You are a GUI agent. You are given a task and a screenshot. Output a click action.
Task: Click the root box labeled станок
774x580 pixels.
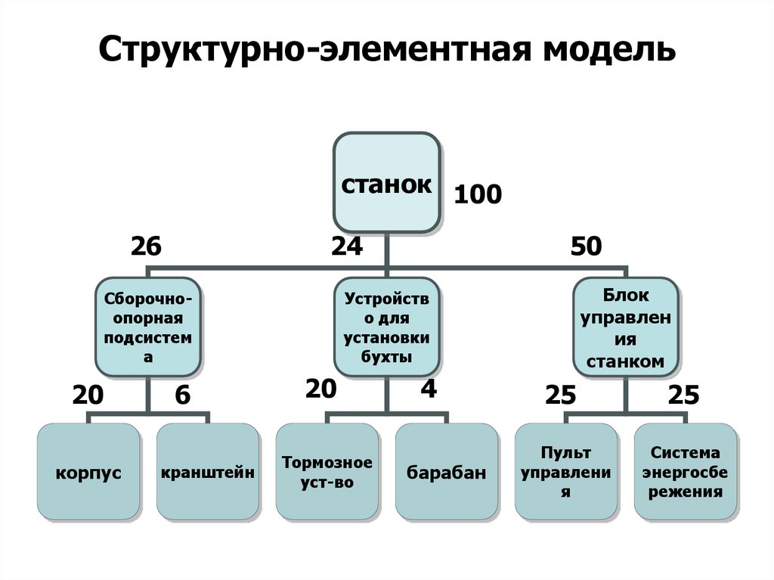(386, 183)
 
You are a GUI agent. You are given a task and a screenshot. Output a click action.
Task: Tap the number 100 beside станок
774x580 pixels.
(477, 195)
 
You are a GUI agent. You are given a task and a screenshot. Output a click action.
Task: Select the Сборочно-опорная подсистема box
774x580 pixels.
(149, 327)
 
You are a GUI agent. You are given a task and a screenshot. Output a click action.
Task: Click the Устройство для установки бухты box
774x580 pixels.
(386, 327)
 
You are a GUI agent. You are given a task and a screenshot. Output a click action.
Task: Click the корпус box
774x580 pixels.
(88, 473)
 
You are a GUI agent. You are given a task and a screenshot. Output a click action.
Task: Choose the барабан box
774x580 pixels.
(446, 473)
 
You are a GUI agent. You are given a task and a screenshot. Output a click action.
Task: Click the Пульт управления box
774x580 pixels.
(565, 472)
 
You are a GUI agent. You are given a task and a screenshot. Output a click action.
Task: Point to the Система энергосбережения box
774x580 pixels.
(685, 472)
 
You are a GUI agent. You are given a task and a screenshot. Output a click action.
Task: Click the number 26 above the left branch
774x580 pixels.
(146, 247)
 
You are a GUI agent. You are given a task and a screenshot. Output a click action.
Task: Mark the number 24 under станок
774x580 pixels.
(347, 247)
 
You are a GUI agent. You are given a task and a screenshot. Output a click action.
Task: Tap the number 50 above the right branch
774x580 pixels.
(587, 247)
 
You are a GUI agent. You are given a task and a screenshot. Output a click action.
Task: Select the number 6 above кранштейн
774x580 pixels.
(182, 394)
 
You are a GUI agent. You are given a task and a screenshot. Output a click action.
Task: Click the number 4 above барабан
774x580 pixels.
(429, 389)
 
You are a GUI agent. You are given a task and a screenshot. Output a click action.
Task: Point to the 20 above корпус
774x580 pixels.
(88, 394)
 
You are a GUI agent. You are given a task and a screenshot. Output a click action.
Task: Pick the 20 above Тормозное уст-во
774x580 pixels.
(320, 389)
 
